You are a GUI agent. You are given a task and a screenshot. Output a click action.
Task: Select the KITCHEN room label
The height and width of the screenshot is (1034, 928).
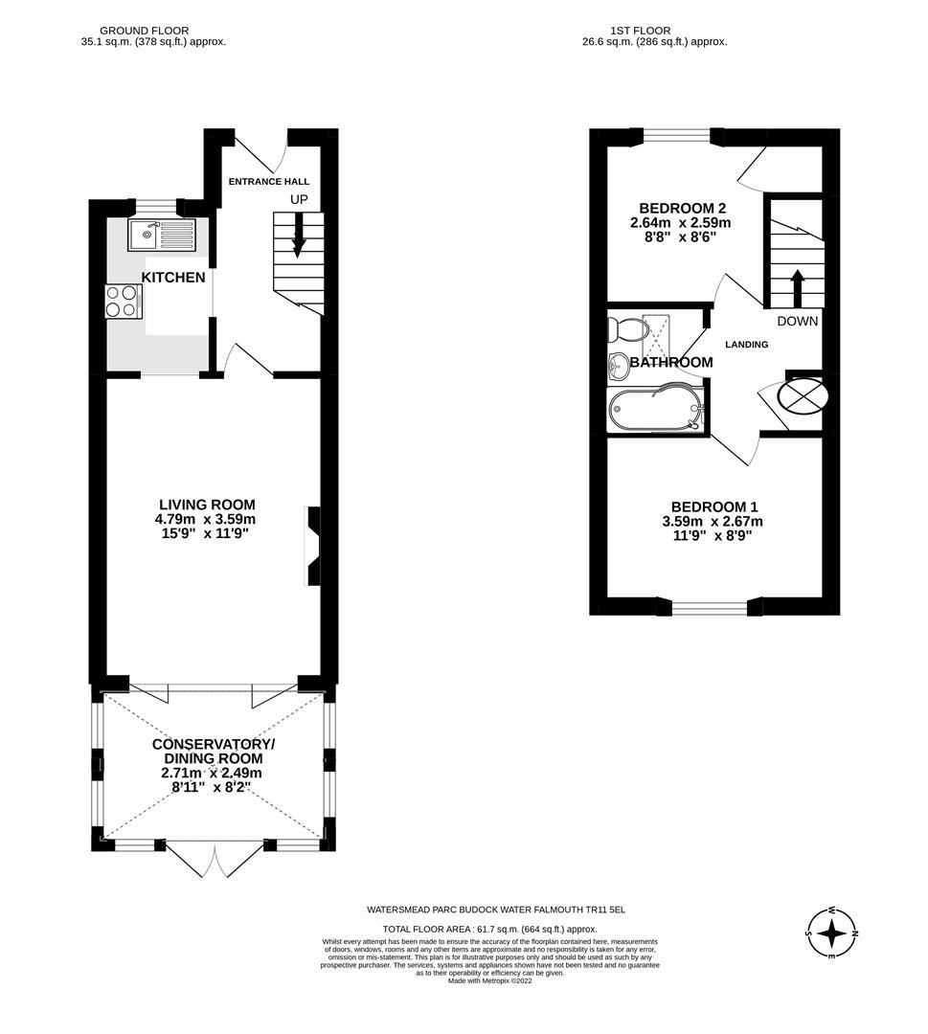click(x=173, y=278)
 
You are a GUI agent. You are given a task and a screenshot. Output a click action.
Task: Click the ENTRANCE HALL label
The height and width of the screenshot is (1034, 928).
click(x=268, y=181)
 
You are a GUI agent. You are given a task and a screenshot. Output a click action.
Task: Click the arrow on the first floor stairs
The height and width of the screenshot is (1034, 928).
click(x=796, y=285)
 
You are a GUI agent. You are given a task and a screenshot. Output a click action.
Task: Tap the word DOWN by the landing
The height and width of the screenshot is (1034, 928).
click(x=797, y=322)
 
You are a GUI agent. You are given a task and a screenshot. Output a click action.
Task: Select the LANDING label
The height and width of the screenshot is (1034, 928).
click(x=746, y=345)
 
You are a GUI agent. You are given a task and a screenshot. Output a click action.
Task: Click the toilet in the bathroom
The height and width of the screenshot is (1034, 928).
click(x=626, y=330)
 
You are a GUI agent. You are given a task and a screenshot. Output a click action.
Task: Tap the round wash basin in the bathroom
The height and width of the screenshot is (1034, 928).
click(x=619, y=364)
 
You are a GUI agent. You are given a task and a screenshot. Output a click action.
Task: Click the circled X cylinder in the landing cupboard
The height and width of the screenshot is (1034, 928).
click(x=803, y=394)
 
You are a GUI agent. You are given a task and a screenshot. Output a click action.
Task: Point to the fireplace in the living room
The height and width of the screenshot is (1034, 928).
click(x=313, y=545)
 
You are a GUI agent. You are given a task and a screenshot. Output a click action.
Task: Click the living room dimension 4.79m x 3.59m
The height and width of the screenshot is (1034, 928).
click(x=207, y=520)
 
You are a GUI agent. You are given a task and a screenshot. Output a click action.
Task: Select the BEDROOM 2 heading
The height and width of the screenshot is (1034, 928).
click(x=676, y=208)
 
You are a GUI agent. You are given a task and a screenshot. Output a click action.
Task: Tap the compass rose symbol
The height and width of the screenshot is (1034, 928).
click(x=831, y=932)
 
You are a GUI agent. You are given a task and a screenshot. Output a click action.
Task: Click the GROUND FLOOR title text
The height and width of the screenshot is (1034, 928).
click(x=145, y=31)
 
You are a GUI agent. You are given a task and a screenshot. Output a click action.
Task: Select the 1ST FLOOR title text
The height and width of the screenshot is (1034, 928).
click(x=640, y=31)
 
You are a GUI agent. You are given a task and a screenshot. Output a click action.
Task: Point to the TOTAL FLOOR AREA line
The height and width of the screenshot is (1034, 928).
click(x=489, y=929)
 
